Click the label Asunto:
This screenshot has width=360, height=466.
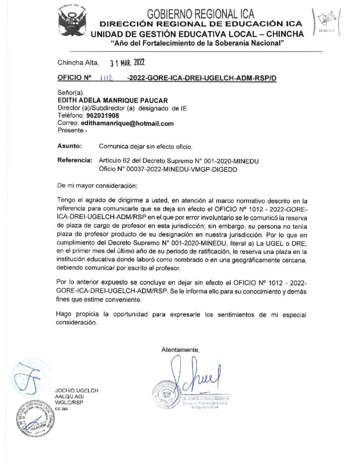70,146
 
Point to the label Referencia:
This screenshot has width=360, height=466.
75,161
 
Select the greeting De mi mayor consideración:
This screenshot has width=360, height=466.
96,186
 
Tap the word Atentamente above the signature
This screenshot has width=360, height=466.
181,349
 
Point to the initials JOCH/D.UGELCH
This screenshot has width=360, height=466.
76,390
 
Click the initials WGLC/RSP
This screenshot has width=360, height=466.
69,402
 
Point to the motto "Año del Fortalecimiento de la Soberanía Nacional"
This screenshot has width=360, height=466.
198,43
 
